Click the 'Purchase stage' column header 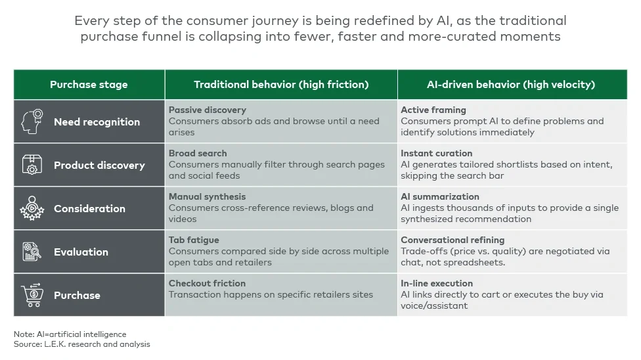click(89, 85)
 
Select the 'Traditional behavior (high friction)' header click(281, 85)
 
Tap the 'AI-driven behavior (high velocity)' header click(511, 85)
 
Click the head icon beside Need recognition click(33, 122)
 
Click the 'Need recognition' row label click(97, 122)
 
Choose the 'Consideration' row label click(89, 209)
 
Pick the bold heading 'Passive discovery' click(207, 110)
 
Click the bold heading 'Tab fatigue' click(194, 240)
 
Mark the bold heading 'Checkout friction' click(207, 284)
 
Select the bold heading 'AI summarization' click(440, 197)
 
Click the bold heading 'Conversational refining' click(453, 240)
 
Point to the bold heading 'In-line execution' click(437, 284)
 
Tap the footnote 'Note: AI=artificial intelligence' click(70, 334)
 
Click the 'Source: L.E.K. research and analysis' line click(81, 344)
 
